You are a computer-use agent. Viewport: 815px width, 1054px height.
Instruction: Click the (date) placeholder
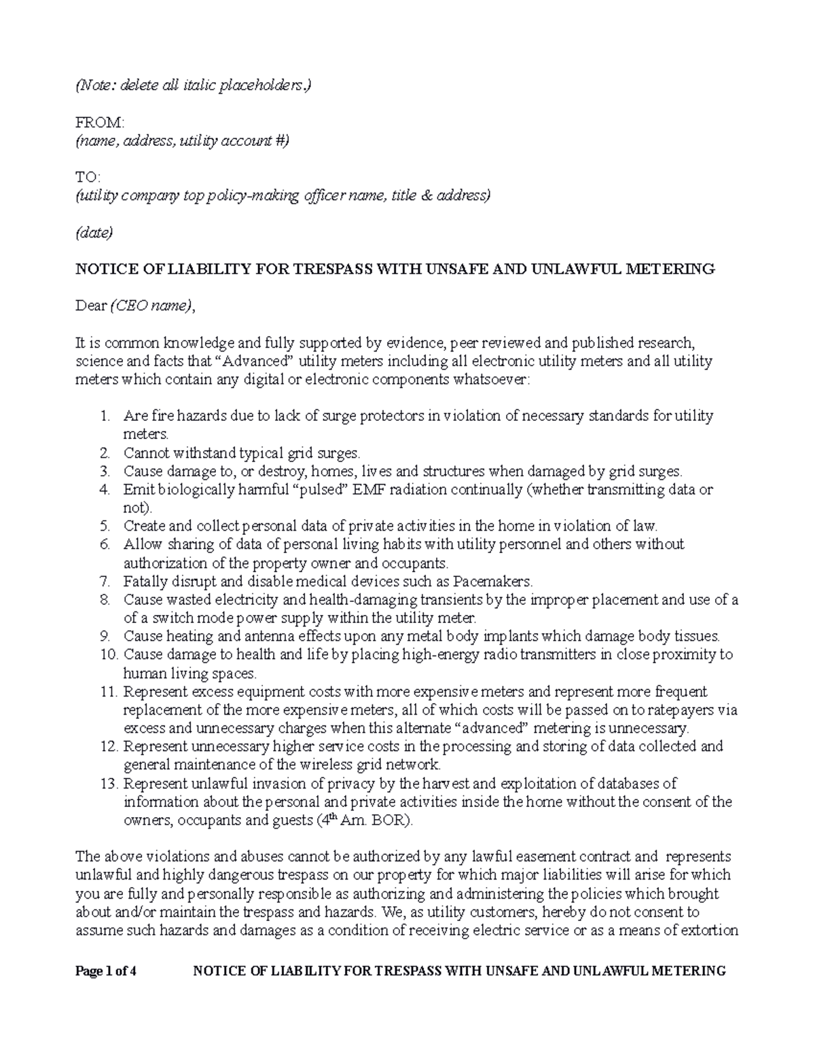pyautogui.click(x=94, y=233)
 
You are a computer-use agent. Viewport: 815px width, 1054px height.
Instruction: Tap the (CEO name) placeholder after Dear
pyautogui.click(x=151, y=306)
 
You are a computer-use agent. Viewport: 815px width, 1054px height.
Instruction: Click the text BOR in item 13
pyautogui.click(x=390, y=821)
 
